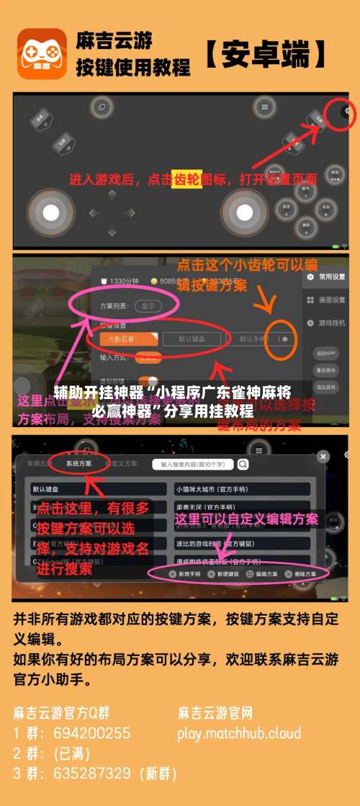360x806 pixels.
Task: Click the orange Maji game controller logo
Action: click(x=41, y=53)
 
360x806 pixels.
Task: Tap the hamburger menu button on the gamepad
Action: click(x=265, y=107)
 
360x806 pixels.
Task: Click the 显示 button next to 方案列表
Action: click(x=148, y=305)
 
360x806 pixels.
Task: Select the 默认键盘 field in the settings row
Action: click(x=191, y=338)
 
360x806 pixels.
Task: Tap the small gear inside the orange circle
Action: click(x=285, y=338)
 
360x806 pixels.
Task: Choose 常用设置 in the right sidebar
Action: click(x=330, y=277)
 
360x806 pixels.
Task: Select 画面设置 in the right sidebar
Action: click(x=330, y=300)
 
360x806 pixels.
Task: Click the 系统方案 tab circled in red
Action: click(x=78, y=464)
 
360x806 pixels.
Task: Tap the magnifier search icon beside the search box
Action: click(x=243, y=465)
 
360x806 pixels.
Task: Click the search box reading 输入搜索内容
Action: click(x=193, y=465)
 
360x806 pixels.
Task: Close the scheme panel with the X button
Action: click(x=323, y=456)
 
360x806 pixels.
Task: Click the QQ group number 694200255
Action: click(x=91, y=733)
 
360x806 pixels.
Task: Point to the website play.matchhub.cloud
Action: click(x=239, y=733)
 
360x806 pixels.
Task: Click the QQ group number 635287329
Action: click(x=91, y=774)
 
